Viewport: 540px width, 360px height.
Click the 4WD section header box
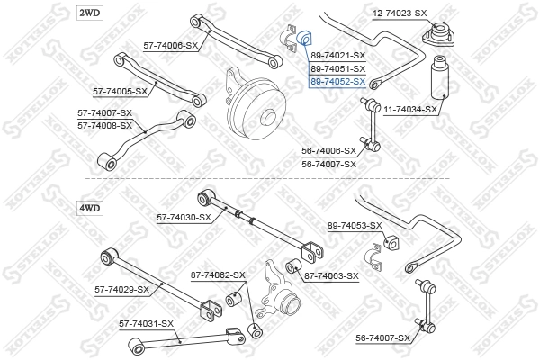(92, 208)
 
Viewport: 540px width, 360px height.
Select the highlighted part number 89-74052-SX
(337, 81)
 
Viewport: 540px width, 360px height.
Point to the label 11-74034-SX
(410, 109)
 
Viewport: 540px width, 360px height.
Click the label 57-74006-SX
(170, 44)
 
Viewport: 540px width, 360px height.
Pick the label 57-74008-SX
(104, 125)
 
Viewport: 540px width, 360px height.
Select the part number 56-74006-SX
(328, 151)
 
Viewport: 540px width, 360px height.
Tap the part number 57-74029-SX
(122, 289)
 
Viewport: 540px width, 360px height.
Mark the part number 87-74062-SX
(217, 274)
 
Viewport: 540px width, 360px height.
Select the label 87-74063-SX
(330, 275)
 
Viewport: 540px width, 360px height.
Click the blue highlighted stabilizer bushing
(305, 40)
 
